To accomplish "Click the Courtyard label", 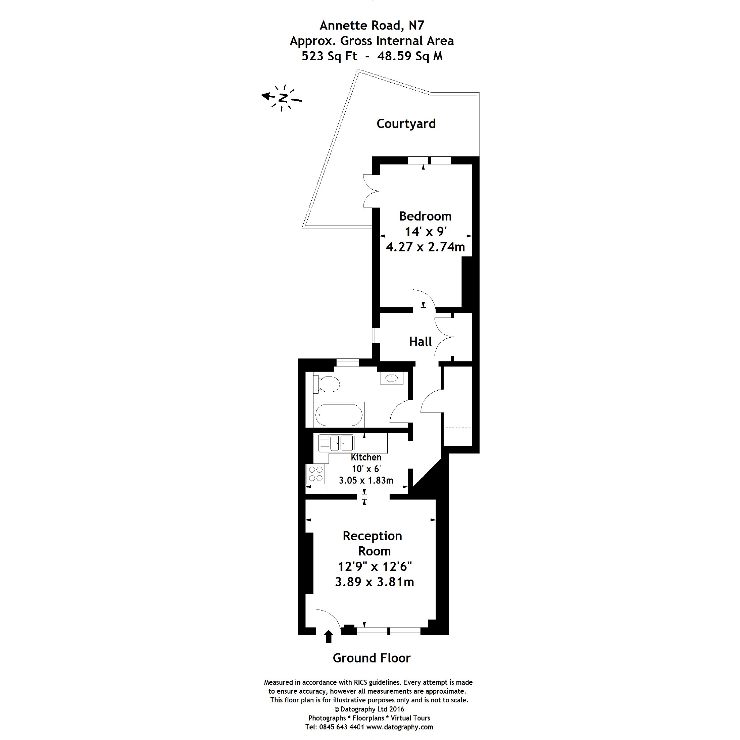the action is [x=406, y=124].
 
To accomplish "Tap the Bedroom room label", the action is [x=425, y=216].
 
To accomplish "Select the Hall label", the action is [x=420, y=342].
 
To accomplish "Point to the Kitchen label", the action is [x=366, y=457].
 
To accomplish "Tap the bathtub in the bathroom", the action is [x=339, y=415].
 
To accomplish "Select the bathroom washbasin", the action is [x=391, y=379].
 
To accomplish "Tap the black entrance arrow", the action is [x=328, y=637].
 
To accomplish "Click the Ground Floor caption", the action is [x=372, y=658].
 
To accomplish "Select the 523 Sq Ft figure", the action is [x=329, y=56].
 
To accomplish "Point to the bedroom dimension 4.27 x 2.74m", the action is [x=425, y=247].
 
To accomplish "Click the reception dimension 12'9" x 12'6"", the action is [x=375, y=566].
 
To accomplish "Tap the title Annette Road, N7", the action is [x=372, y=25].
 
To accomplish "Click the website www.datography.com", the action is [x=400, y=727].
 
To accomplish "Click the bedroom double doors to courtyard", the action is [x=371, y=191].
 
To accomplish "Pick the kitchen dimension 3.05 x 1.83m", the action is [x=366, y=480].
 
